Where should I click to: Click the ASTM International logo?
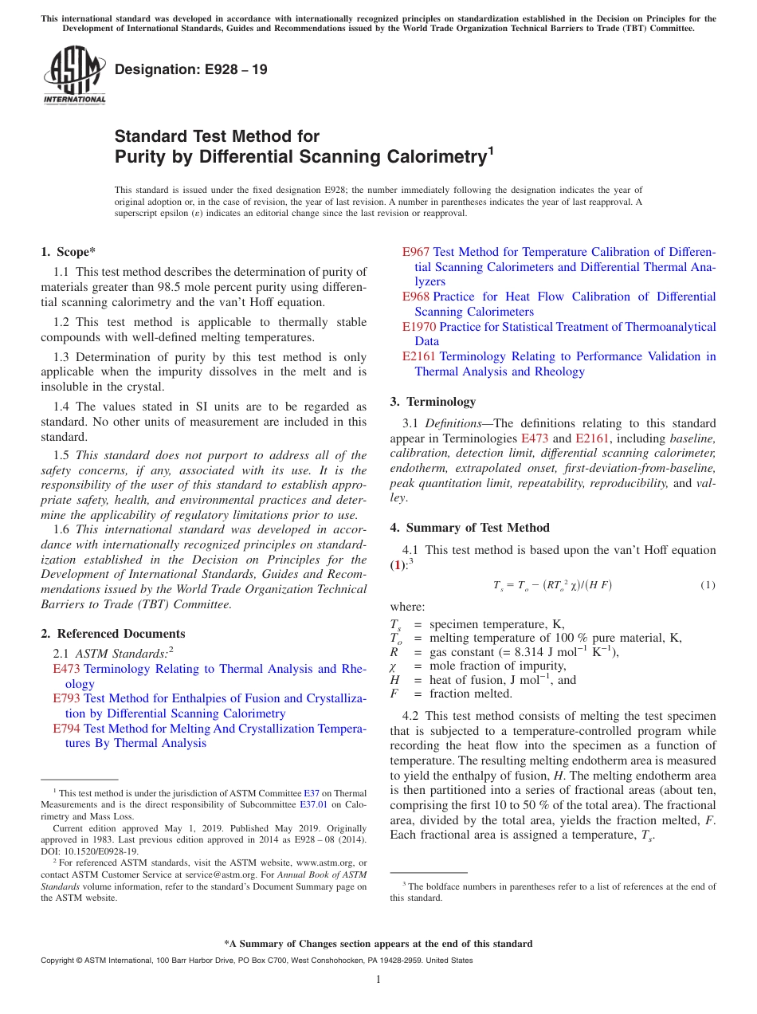74,76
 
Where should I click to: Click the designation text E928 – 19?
190,70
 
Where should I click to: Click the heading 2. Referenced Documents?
112,634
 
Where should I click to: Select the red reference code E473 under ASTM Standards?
66,669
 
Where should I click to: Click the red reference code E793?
66,698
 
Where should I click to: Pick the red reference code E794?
66,729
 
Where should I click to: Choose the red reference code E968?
415,297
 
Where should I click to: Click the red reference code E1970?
418,327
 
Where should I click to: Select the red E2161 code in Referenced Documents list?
418,356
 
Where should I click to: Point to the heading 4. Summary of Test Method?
469,528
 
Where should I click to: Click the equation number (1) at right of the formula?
708,585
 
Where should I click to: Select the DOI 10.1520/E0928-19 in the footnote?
87,851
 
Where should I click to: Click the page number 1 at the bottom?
378,979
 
